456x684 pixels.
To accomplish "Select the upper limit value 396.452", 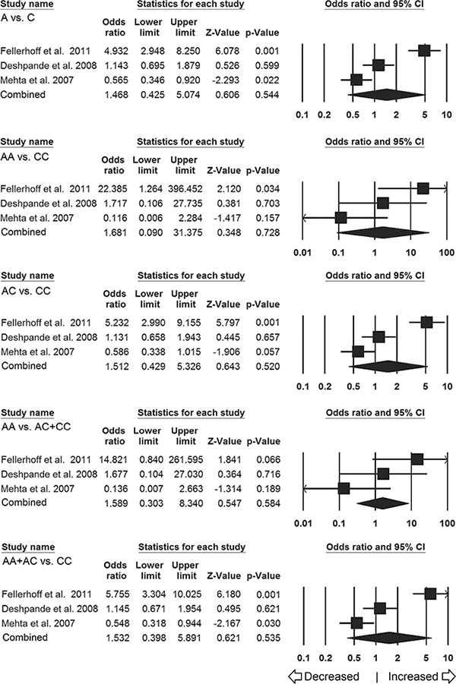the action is point(183,189).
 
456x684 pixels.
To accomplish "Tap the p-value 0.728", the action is point(268,232).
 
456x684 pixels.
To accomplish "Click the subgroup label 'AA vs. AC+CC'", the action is point(36,427).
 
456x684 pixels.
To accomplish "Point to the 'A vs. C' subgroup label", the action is point(18,18).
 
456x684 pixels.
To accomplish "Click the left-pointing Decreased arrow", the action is point(296,676).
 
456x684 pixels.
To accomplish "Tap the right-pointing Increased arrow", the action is point(448,676).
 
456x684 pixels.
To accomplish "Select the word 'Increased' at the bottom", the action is point(413,676).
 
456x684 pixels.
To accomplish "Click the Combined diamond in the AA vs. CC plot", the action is point(383,233).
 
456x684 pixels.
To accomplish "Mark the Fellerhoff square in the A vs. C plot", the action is point(423,51).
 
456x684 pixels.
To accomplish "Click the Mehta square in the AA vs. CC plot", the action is point(340,218).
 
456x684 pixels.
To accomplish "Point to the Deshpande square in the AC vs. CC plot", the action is point(378,337).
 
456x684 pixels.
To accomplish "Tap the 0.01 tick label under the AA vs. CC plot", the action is point(302,253).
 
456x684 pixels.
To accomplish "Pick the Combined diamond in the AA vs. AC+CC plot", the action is point(382,503).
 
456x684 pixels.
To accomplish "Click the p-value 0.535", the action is point(268,638).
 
